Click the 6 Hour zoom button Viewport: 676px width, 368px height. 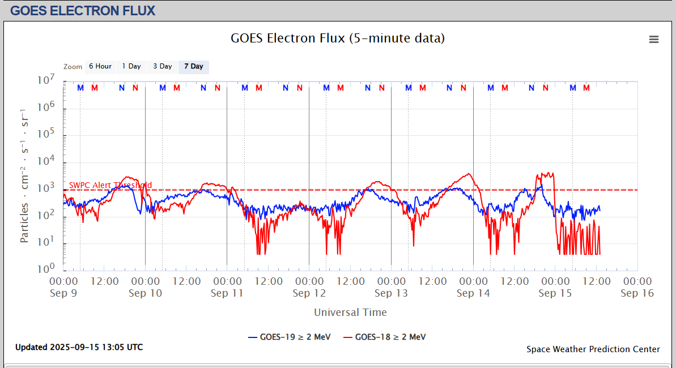coord(100,67)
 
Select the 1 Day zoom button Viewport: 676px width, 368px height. coord(131,67)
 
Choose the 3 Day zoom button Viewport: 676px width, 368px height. coord(162,67)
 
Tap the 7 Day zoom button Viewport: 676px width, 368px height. coord(193,67)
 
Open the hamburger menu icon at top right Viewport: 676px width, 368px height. coord(654,39)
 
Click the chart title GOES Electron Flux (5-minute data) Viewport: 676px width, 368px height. coord(338,38)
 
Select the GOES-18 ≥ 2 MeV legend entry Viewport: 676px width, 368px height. coord(384,337)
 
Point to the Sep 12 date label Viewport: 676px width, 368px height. coord(309,293)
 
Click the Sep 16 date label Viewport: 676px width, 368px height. coord(637,293)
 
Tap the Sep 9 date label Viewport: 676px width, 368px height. coord(63,293)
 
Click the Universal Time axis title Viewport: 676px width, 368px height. coord(350,312)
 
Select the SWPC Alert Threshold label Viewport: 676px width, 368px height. coord(110,185)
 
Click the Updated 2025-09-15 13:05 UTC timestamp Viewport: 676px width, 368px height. coord(79,347)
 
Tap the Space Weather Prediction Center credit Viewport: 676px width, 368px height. coord(593,349)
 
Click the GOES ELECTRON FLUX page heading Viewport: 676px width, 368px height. coord(83,11)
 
